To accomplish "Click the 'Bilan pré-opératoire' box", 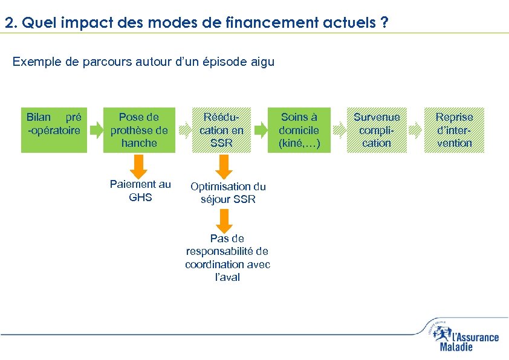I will pyautogui.click(x=54, y=130).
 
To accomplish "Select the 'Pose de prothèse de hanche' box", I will pyautogui.click(x=138, y=130).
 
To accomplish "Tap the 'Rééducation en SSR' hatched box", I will pyautogui.click(x=222, y=130).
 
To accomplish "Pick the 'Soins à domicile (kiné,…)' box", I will pyautogui.click(x=299, y=130).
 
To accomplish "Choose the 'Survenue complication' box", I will pyautogui.click(x=376, y=130).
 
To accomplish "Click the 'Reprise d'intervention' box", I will pyautogui.click(x=454, y=130).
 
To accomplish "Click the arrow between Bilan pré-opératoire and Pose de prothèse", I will pyautogui.click(x=96, y=129).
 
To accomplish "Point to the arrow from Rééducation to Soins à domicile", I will pyautogui.click(x=261, y=129).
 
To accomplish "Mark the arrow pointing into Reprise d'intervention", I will pyautogui.click(x=415, y=129).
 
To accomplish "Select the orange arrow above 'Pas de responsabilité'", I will pyautogui.click(x=224, y=221).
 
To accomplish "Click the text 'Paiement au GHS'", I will pyautogui.click(x=140, y=191).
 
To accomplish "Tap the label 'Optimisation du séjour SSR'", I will pyautogui.click(x=228, y=193).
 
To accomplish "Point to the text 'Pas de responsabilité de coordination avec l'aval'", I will pyautogui.click(x=228, y=258).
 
